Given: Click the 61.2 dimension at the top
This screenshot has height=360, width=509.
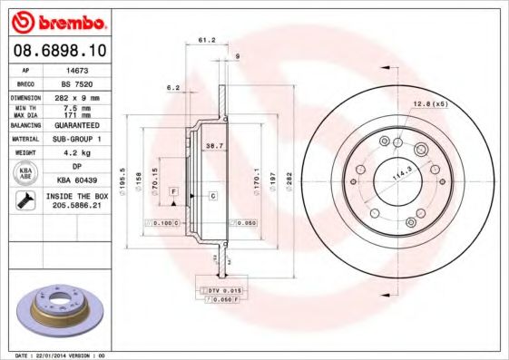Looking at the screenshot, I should tap(206, 40).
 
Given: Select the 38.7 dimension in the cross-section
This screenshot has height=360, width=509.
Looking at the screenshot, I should tap(214, 146).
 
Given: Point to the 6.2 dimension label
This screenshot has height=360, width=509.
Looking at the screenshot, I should tap(173, 88).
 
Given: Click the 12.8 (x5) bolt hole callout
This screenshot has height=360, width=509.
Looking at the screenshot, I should tap(431, 105).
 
